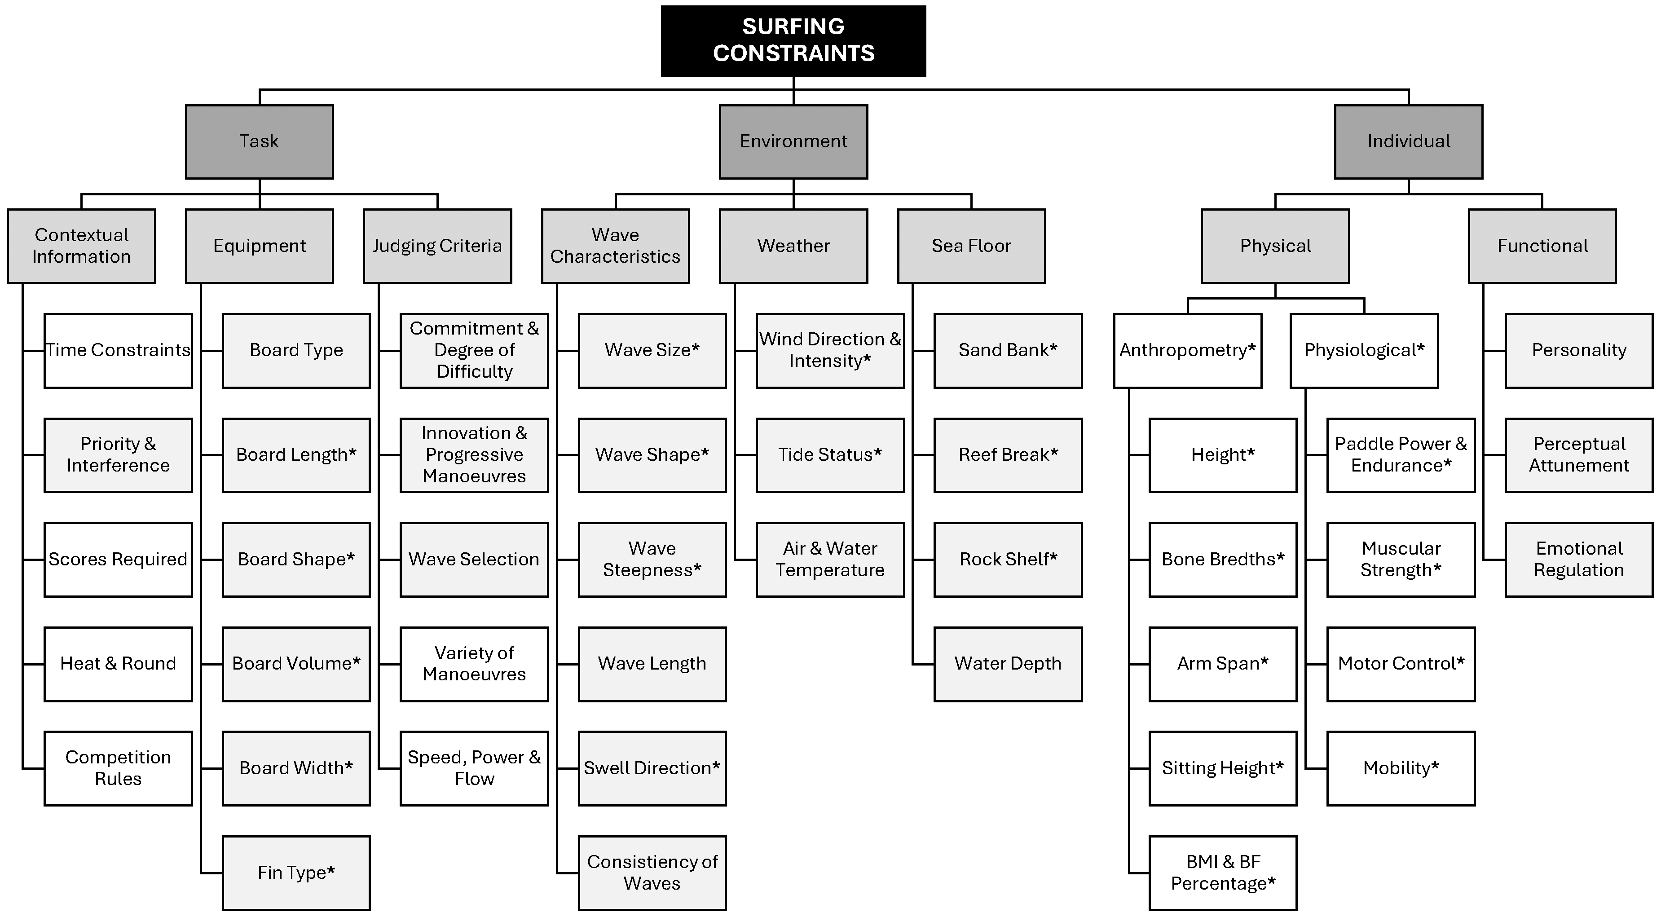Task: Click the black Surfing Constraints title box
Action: pyautogui.click(x=793, y=40)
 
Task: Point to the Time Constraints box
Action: pyautogui.click(x=118, y=351)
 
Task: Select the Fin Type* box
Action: pyautogui.click(x=296, y=873)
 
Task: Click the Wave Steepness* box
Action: pyautogui.click(x=652, y=560)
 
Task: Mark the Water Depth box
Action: pyautogui.click(x=1008, y=664)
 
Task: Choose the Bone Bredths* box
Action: pyautogui.click(x=1223, y=560)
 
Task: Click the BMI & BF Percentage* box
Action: pyautogui.click(x=1223, y=873)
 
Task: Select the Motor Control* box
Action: pyautogui.click(x=1401, y=664)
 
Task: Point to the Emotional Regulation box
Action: pyautogui.click(x=1579, y=560)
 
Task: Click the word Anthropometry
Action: pyautogui.click(x=1183, y=351)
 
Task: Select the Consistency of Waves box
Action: pyautogui.click(x=652, y=873)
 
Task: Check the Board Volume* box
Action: pyautogui.click(x=296, y=664)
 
